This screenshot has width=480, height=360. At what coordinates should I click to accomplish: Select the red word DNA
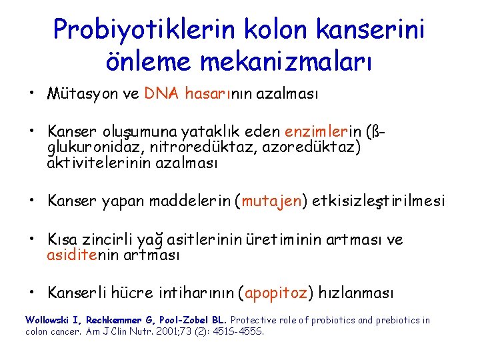(x=161, y=94)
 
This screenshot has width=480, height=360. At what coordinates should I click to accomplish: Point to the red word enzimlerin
(x=323, y=132)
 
